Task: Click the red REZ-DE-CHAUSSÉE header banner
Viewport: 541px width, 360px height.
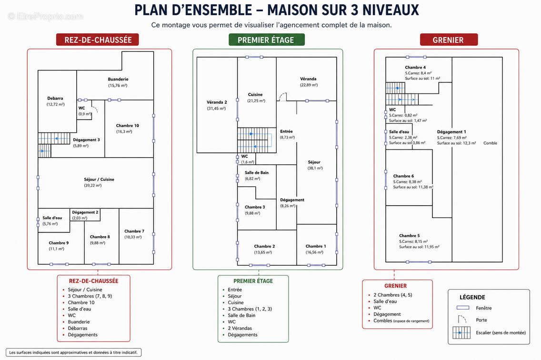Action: pos(97,40)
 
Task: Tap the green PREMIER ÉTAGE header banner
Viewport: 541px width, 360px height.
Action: pos(266,40)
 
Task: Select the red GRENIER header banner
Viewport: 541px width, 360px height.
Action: pos(449,40)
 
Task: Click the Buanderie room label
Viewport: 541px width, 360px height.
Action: pos(118,80)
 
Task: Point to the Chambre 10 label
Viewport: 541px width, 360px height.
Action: pos(127,126)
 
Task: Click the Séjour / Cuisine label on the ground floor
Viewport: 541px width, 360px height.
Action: pos(99,180)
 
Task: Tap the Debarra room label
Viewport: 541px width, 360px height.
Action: pos(55,99)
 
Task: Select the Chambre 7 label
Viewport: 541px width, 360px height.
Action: pos(134,231)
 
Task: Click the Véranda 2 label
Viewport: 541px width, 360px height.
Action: pos(217,102)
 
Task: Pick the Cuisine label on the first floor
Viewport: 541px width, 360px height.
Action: pos(255,95)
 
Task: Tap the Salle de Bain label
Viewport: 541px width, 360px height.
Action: pos(257,172)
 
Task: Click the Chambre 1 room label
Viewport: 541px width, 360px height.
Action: pos(316,246)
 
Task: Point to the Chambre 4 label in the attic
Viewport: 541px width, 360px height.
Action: pos(415,67)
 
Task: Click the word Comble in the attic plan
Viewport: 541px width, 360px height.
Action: pos(491,143)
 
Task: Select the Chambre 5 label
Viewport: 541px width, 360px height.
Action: pos(410,236)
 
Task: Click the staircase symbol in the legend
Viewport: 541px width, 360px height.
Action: pos(461,333)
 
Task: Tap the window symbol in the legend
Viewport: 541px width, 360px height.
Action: pos(463,308)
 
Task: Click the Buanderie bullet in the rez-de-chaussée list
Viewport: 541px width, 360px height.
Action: pos(79,322)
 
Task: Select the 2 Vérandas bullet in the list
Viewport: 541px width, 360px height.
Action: pos(240,328)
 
